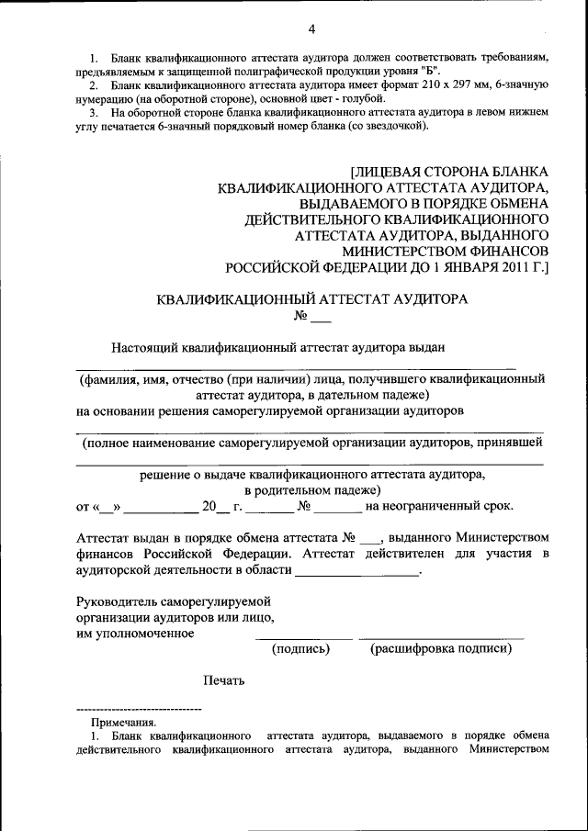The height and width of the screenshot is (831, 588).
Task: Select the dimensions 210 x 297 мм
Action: click(435, 84)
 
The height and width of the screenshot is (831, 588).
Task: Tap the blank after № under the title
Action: click(321, 319)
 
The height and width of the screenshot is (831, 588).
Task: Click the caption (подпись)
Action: click(300, 648)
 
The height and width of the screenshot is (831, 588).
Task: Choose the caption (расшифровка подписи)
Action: click(441, 648)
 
